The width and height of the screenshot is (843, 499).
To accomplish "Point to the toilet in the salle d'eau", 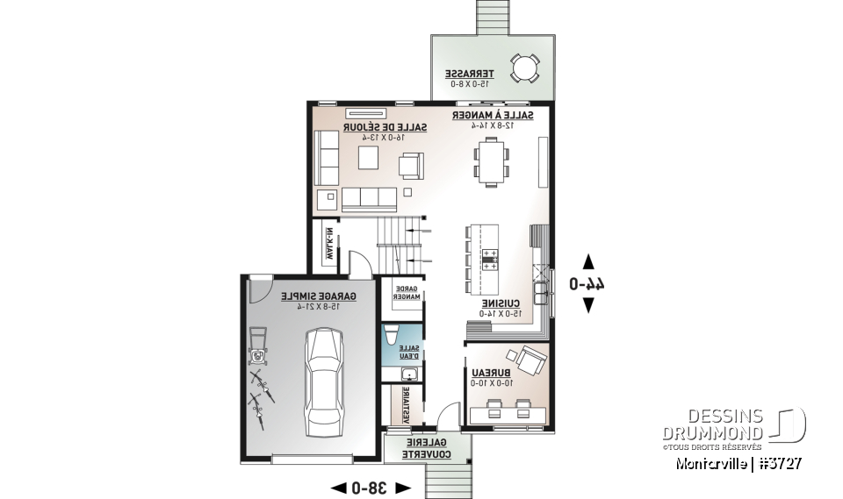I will pos(393,335).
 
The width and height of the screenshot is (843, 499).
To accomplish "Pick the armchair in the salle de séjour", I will pos(411,164).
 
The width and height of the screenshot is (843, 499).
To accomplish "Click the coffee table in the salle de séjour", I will pos(367,158).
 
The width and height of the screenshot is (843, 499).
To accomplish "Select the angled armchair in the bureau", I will pos(530,360).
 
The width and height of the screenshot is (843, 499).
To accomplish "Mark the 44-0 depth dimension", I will pos(587,283).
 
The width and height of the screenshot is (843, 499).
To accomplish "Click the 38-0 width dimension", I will pos(370,487).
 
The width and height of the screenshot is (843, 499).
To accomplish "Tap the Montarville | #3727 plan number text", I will pos(739,462).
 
